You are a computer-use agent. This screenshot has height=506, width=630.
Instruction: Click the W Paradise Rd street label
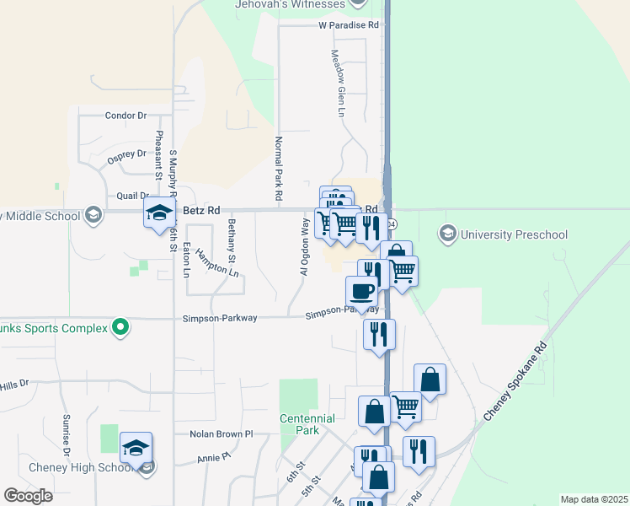(x=350, y=25)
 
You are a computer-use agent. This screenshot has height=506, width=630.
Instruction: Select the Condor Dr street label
(x=126, y=116)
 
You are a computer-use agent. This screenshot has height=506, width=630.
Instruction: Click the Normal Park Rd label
(x=278, y=169)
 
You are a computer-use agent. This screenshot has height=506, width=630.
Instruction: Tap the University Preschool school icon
(x=448, y=233)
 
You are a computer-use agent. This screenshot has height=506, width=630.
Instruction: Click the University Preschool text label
(x=515, y=234)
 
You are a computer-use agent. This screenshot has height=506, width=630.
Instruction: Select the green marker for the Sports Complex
(x=120, y=327)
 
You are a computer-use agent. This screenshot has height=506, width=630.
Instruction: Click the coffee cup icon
(x=361, y=291)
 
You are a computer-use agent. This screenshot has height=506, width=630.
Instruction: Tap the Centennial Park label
(x=307, y=424)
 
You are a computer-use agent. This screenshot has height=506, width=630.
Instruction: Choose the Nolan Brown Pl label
(x=222, y=433)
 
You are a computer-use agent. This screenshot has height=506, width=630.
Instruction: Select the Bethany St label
(x=231, y=239)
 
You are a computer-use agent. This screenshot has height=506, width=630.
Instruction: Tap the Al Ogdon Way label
(x=304, y=246)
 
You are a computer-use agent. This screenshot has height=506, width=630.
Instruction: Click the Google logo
(x=28, y=496)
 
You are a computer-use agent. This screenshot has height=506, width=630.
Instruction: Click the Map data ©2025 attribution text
(x=593, y=499)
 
